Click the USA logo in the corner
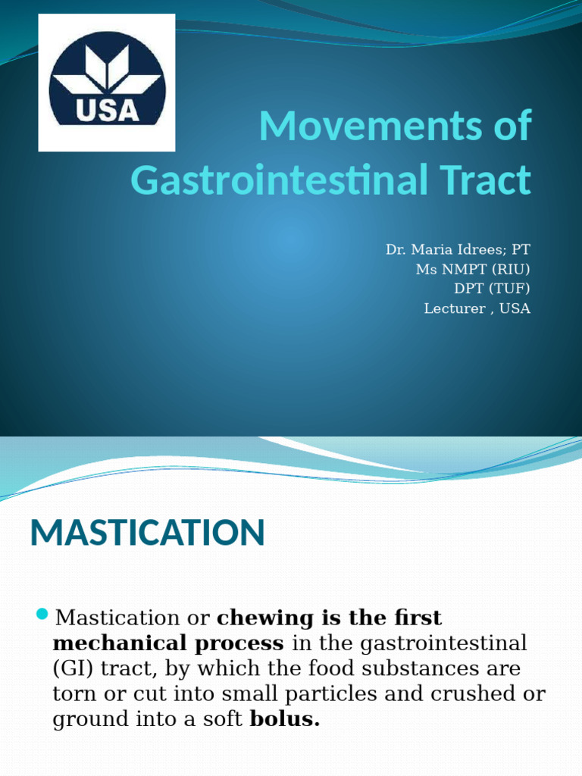(x=106, y=83)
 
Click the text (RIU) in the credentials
(x=512, y=268)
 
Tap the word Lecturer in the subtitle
(x=451, y=308)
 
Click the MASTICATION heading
(x=147, y=533)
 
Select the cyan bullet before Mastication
(x=42, y=612)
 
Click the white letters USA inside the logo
(x=108, y=111)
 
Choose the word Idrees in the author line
(x=478, y=249)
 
